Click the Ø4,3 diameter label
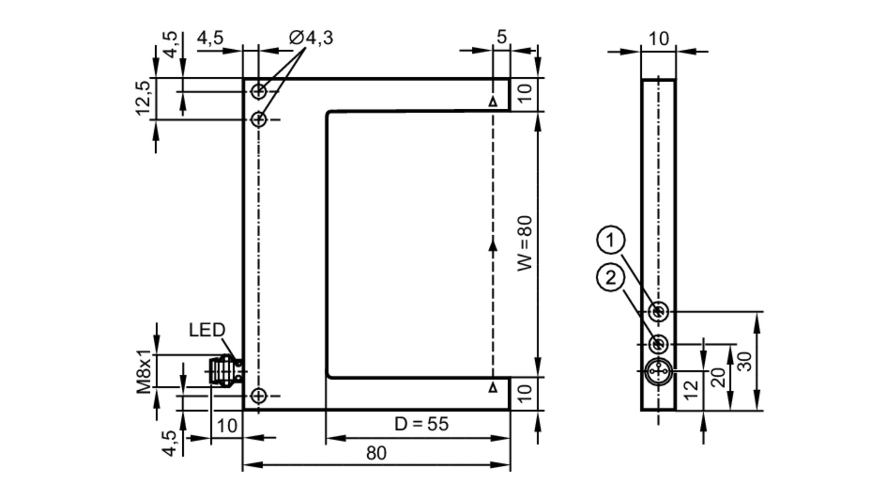(311, 38)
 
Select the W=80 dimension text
(525, 243)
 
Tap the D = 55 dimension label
(421, 424)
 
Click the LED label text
(207, 330)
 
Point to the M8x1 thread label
(144, 372)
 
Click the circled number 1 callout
(611, 240)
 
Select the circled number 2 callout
(611, 278)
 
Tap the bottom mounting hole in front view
(259, 395)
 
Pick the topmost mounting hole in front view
(259, 92)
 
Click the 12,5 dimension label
(143, 99)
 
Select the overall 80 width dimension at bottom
(376, 453)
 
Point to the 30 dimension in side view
(745, 361)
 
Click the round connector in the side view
(658, 371)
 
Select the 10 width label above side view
(659, 39)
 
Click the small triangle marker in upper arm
(493, 102)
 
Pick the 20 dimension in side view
(718, 377)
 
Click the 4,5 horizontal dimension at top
(210, 38)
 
